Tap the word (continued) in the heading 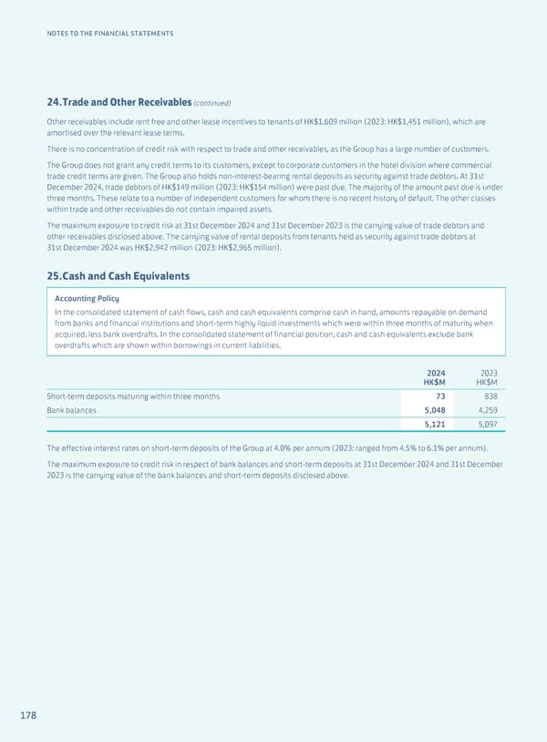[x=211, y=102]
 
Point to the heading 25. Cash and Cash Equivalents [x=119, y=275]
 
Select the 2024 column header [x=436, y=372]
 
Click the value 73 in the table [x=439, y=396]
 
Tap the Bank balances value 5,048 [x=432, y=412]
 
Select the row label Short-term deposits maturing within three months [x=133, y=396]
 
